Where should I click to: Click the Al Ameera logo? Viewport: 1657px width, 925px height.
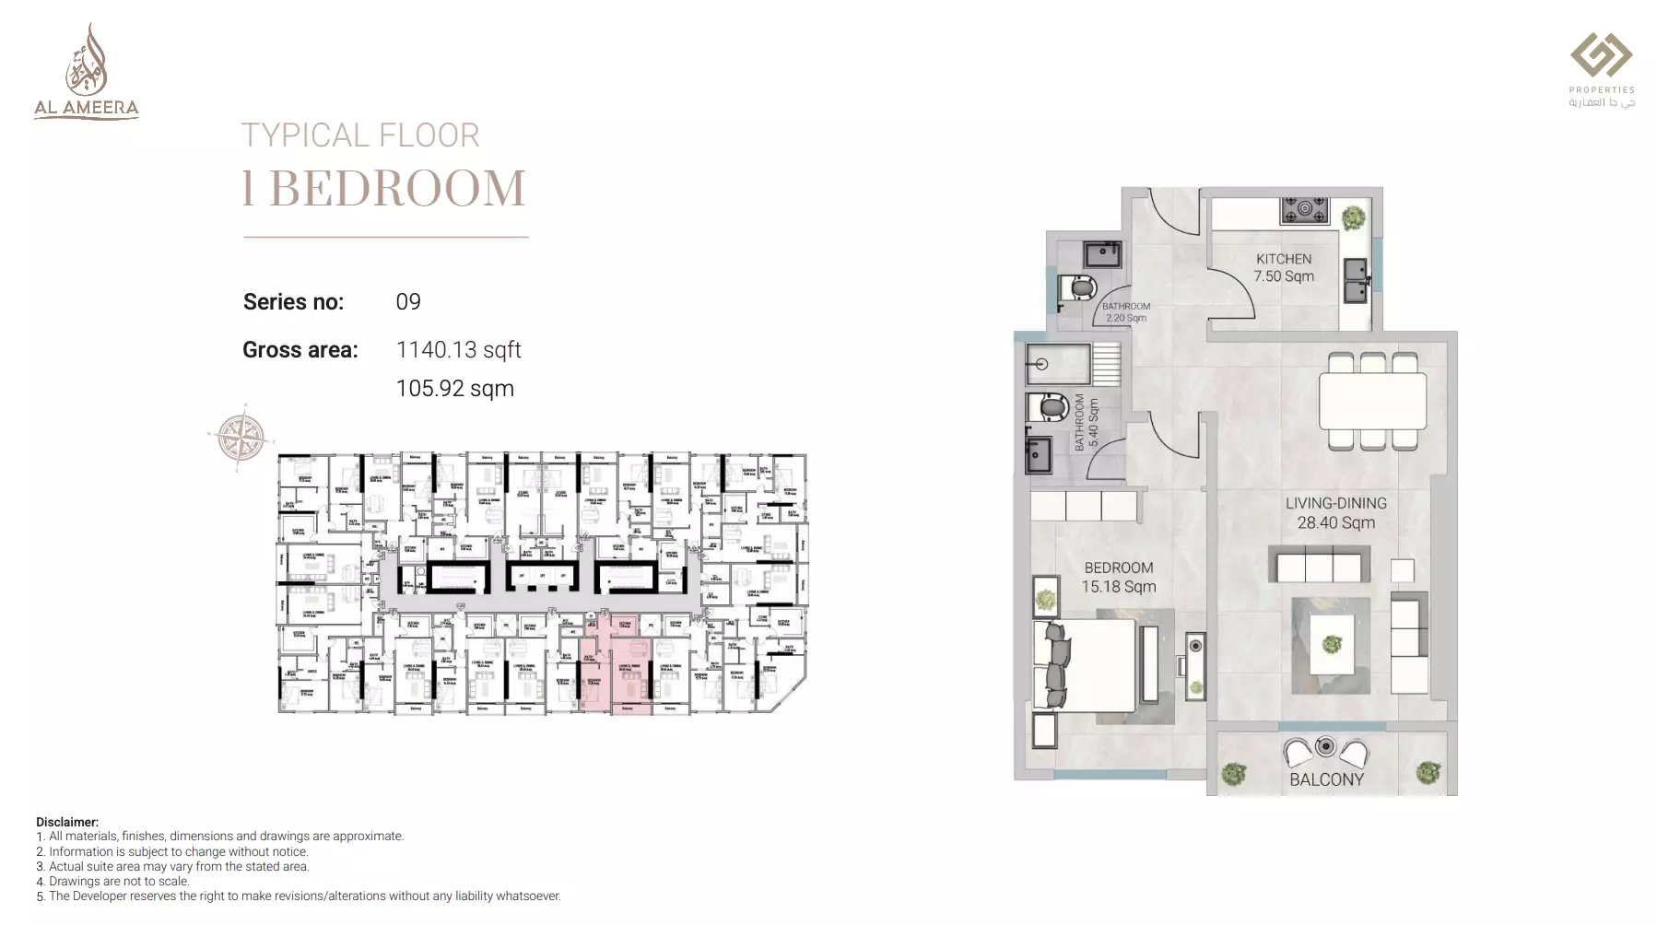click(x=86, y=73)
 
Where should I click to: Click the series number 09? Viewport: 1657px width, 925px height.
click(x=408, y=302)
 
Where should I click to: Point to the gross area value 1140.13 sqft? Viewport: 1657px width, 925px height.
click(x=458, y=350)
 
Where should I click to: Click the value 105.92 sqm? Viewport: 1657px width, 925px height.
click(x=454, y=389)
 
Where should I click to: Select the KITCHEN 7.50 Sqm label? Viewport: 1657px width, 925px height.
click(x=1283, y=268)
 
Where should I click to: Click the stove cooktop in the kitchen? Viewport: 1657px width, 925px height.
click(x=1304, y=210)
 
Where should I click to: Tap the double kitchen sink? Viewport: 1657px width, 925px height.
click(x=1355, y=280)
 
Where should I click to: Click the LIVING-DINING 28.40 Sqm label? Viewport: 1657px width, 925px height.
click(x=1335, y=513)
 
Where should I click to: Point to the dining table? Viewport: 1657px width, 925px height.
click(x=1372, y=401)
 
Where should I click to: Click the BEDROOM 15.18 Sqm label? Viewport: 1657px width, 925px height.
click(x=1118, y=578)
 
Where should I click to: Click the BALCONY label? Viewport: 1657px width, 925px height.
click(x=1326, y=779)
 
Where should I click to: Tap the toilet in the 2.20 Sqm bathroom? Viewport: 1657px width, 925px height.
click(x=1078, y=287)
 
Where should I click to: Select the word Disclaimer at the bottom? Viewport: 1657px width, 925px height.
click(x=66, y=822)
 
